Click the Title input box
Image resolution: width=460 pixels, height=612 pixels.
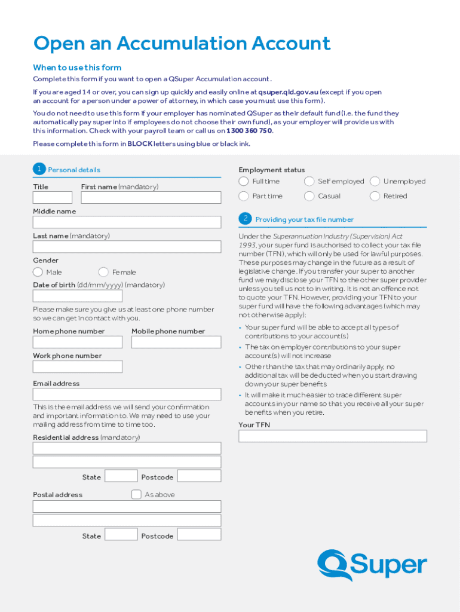pyautogui.click(x=53, y=197)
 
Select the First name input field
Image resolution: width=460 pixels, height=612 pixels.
pyautogui.click(x=151, y=197)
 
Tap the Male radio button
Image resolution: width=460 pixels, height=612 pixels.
pyautogui.click(x=38, y=272)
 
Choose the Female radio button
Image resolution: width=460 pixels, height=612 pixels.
pyautogui.click(x=104, y=272)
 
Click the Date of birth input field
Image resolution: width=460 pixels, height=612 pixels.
pyautogui.click(x=78, y=296)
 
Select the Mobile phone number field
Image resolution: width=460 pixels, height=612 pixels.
pyautogui.click(x=176, y=342)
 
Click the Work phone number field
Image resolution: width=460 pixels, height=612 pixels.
pyautogui.click(x=78, y=366)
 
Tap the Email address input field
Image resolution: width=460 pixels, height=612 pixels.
pyautogui.click(x=127, y=394)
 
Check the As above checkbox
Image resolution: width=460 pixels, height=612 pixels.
pyautogui.click(x=136, y=494)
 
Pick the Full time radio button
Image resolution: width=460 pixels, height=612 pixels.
pyautogui.click(x=244, y=181)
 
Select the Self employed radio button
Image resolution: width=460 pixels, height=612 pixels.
pyautogui.click(x=309, y=181)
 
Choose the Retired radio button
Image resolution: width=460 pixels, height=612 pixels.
pyautogui.click(x=375, y=196)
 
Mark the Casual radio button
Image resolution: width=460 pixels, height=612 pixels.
pyautogui.click(x=309, y=196)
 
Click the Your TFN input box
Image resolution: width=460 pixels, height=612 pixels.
pyautogui.click(x=332, y=436)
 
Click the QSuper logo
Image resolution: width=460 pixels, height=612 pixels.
pyautogui.click(x=372, y=565)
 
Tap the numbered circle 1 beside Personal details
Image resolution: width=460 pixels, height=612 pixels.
pyautogui.click(x=39, y=169)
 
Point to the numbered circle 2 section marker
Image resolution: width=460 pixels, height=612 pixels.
pyautogui.click(x=245, y=219)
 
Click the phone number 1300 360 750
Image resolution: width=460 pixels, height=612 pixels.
pyautogui.click(x=249, y=130)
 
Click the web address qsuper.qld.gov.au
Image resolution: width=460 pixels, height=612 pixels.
pyautogui.click(x=288, y=92)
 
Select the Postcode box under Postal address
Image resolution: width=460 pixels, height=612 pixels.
pyautogui.click(x=199, y=534)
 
